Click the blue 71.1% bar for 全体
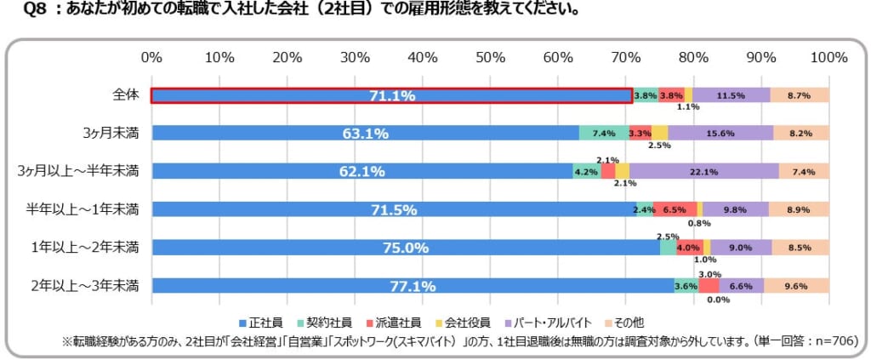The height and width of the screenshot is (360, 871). click(391, 95)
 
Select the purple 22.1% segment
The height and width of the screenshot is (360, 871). click(703, 171)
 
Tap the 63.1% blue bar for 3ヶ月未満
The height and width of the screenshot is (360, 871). click(366, 133)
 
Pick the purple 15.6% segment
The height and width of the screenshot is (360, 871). click(720, 133)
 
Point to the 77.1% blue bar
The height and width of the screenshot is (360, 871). click(412, 286)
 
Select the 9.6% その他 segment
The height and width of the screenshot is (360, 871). click(796, 286)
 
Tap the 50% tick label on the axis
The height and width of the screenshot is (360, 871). click(490, 58)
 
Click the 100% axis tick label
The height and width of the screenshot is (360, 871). click(828, 58)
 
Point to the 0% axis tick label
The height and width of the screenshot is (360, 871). click(151, 58)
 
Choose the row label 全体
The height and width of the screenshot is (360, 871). click(125, 95)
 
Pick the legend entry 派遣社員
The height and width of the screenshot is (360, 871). click(399, 323)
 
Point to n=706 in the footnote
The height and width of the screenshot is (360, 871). click(834, 340)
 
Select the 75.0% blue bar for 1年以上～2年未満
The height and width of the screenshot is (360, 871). click(405, 248)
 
